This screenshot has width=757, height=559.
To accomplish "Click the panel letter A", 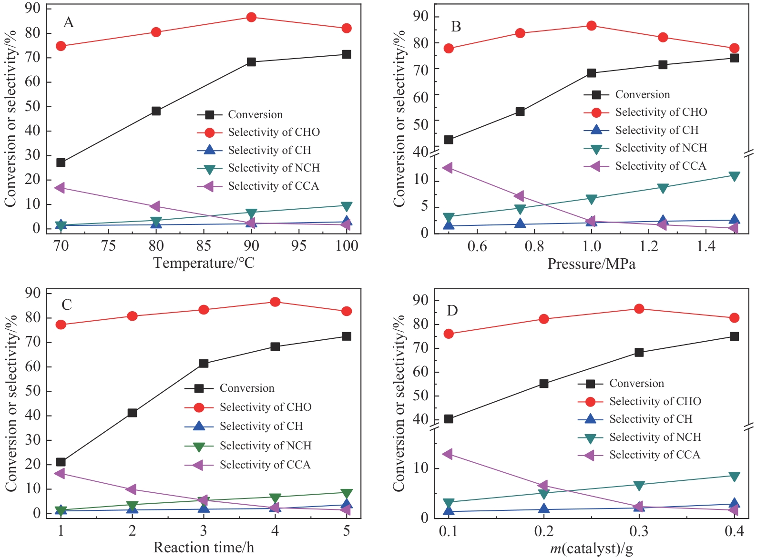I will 69,22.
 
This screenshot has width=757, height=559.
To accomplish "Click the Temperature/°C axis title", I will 204,263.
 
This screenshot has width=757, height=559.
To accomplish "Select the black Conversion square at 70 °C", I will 61,163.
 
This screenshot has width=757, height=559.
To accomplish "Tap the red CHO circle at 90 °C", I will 251,17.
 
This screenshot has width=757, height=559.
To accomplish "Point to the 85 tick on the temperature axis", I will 204,245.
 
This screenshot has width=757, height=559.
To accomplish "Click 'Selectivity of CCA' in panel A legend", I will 273,186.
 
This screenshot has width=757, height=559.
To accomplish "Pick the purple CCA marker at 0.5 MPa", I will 448,168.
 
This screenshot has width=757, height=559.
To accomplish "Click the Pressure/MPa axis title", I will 591,264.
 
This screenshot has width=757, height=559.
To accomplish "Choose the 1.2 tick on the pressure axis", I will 649,246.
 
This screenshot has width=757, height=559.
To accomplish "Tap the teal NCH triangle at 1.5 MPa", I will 734,176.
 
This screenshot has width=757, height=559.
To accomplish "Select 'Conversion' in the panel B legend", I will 642,94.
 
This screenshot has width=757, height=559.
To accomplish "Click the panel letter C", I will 67,305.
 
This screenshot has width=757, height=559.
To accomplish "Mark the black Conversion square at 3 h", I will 204,364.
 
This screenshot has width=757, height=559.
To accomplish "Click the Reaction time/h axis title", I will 204,548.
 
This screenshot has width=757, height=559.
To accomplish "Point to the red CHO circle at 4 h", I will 275,302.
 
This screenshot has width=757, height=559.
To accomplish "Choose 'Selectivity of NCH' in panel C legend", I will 265,446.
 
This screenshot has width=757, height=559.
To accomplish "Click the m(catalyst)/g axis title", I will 591,549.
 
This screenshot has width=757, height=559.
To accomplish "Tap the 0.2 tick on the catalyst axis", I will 543,531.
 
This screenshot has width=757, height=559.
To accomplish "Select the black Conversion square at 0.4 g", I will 734,336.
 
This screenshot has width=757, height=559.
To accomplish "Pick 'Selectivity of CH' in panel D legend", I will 651,419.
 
